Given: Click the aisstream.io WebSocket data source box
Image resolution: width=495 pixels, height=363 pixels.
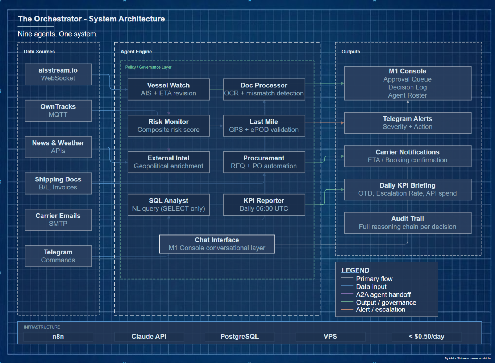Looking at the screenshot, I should pyautogui.click(x=58, y=74).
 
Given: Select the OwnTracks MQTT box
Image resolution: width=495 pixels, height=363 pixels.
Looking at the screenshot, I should pyautogui.click(x=58, y=110).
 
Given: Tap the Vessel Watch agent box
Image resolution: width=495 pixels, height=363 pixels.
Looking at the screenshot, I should pyautogui.click(x=169, y=89).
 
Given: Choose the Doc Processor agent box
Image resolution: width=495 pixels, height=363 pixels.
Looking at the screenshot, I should pyautogui.click(x=264, y=89).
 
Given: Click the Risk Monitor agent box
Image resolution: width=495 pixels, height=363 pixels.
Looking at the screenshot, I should pyautogui.click(x=169, y=126).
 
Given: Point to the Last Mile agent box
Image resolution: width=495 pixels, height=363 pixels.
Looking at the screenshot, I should pyautogui.click(x=264, y=126).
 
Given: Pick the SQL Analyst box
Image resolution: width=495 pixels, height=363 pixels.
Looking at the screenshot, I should pyautogui.click(x=169, y=204).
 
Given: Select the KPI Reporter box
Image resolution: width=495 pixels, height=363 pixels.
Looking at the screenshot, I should pyautogui.click(x=264, y=204).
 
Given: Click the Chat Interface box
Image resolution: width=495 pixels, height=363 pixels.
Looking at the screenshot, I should pyautogui.click(x=217, y=244).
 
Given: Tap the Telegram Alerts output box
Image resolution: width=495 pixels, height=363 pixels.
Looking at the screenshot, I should pyautogui.click(x=407, y=123).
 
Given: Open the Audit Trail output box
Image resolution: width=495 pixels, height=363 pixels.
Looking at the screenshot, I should pyautogui.click(x=407, y=223).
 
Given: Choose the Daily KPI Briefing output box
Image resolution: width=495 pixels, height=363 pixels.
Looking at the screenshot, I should pyautogui.click(x=407, y=189).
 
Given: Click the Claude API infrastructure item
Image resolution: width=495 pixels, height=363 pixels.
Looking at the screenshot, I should pyautogui.click(x=149, y=337).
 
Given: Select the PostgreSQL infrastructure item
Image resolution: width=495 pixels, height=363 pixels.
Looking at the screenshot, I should pyautogui.click(x=240, y=337).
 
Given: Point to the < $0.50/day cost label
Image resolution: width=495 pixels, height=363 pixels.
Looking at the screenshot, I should pyautogui.click(x=427, y=337).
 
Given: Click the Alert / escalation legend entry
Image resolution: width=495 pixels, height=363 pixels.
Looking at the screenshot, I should pyautogui.click(x=380, y=310).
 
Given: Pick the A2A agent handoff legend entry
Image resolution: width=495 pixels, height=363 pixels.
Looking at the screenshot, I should pyautogui.click(x=383, y=294).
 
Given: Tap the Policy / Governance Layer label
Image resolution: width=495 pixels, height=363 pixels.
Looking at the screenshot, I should pyautogui.click(x=148, y=67).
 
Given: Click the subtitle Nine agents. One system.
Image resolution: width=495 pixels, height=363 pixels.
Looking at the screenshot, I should pyautogui.click(x=58, y=34).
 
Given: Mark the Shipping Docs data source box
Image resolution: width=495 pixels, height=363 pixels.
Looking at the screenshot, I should pyautogui.click(x=58, y=183).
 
